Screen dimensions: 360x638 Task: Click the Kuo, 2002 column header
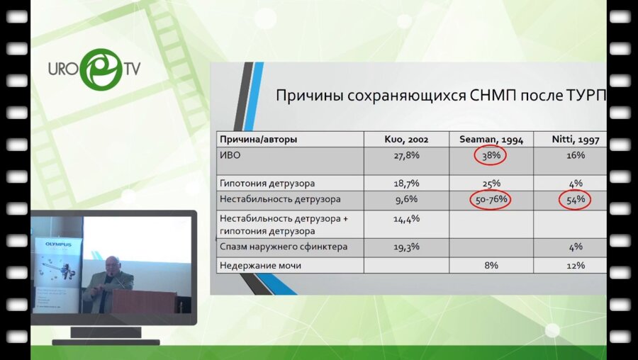point(406,140)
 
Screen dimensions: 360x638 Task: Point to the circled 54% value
point(575,200)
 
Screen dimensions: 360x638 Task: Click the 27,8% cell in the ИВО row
point(406,154)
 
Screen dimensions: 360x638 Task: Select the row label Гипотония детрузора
point(267,183)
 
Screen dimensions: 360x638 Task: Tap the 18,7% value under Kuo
point(406,183)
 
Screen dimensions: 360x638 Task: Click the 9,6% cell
point(406,199)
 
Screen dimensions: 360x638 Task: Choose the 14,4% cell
point(406,219)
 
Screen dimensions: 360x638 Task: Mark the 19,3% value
point(406,247)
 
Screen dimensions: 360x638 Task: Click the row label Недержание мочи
point(260,265)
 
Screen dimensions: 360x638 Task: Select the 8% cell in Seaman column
point(491,265)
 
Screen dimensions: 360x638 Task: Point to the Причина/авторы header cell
point(258,140)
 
